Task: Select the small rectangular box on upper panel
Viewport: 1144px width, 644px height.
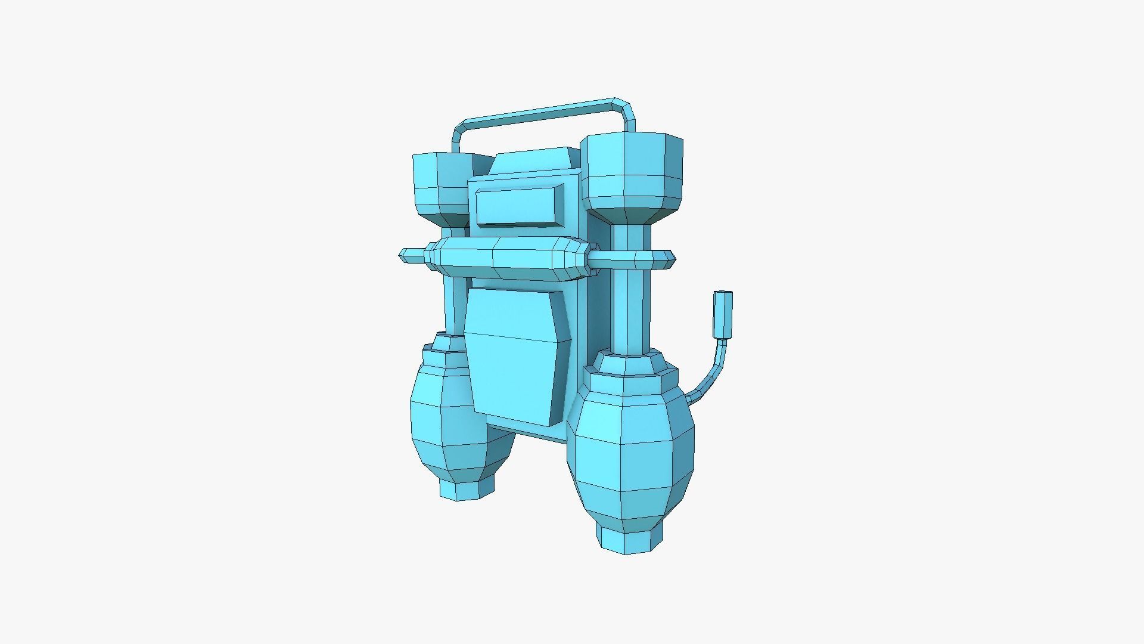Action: click(x=518, y=206)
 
